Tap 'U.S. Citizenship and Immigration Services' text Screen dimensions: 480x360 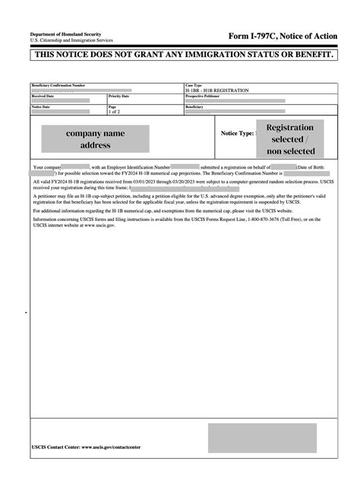coord(71,40)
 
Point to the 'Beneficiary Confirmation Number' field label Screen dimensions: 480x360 coord(58,85)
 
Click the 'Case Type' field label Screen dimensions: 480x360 coord(194,85)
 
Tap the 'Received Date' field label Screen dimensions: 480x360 coord(43,96)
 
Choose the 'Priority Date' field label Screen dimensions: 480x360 coord(119,96)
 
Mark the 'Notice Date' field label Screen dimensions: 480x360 coord(41,107)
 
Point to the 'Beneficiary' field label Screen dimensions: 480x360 coord(194,107)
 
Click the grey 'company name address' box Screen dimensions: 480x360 coord(95,138)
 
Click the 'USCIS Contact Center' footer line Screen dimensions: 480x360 coord(86,447)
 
